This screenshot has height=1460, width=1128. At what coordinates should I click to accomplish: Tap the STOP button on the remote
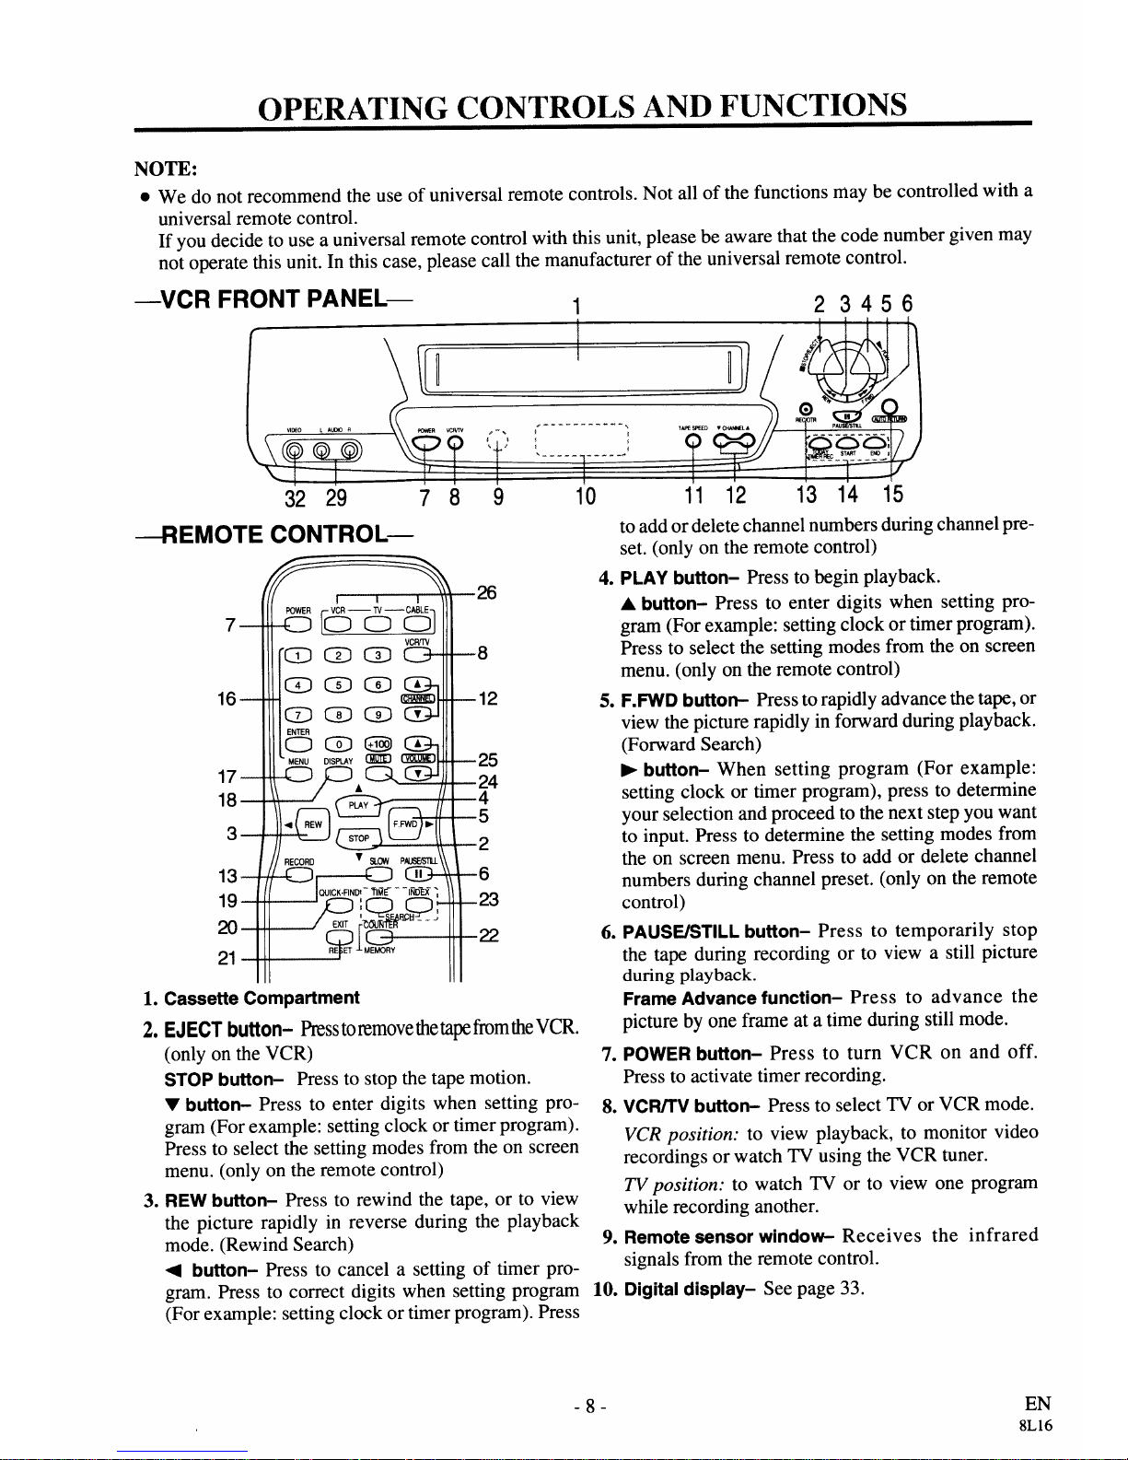(x=360, y=839)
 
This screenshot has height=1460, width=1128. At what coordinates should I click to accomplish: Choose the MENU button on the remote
(x=297, y=775)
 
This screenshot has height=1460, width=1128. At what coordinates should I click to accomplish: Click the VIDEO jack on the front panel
(x=294, y=450)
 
